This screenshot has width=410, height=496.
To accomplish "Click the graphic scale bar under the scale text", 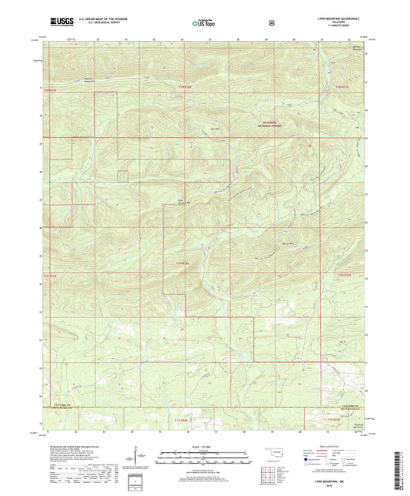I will tap(205, 456).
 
